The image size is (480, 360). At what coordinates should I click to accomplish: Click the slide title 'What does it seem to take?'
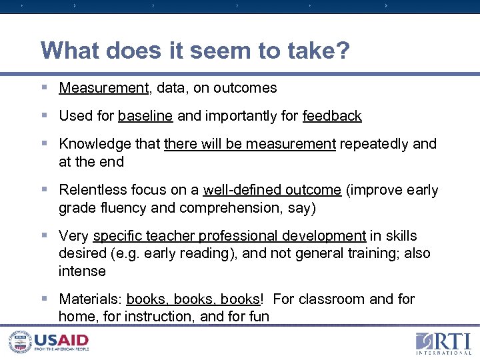(195, 51)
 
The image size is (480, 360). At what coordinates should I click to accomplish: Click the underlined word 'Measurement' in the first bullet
(103, 88)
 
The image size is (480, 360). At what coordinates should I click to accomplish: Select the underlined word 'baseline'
(145, 116)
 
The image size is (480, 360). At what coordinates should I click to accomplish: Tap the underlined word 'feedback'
(332, 116)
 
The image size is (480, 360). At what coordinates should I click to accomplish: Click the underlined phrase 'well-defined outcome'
(272, 190)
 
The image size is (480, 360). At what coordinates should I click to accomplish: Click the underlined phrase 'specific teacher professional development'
(229, 236)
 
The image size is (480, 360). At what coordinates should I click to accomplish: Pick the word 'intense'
(82, 271)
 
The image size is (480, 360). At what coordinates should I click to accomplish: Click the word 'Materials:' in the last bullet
(90, 299)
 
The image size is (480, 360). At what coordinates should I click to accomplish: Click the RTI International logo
(442, 343)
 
